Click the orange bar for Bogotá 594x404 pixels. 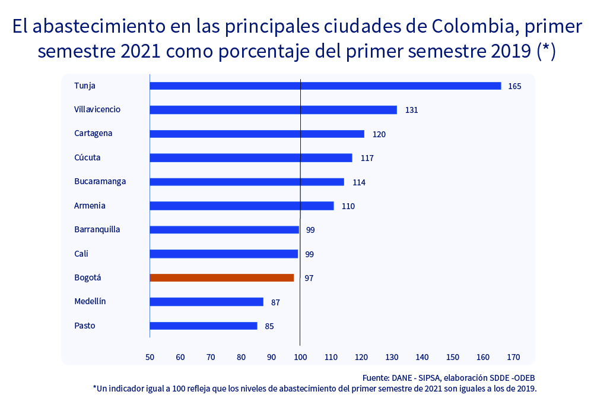click(222, 277)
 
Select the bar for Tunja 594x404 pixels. click(325, 86)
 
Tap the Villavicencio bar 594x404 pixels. click(273, 110)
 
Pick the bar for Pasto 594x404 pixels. click(204, 326)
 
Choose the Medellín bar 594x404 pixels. click(207, 302)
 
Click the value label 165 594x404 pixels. click(514, 86)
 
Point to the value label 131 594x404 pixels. click(412, 110)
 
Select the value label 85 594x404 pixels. click(269, 326)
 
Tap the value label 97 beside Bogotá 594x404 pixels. click(309, 278)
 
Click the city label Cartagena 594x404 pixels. click(93, 133)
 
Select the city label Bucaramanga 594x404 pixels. click(100, 181)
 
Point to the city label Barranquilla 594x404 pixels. click(97, 229)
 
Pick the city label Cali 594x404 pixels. click(81, 254)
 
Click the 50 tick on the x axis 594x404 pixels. click(150, 357)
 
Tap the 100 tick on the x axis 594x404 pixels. click(300, 357)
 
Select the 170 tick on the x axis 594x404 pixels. click(513, 357)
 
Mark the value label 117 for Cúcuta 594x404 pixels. click(367, 158)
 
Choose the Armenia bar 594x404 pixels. click(242, 206)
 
